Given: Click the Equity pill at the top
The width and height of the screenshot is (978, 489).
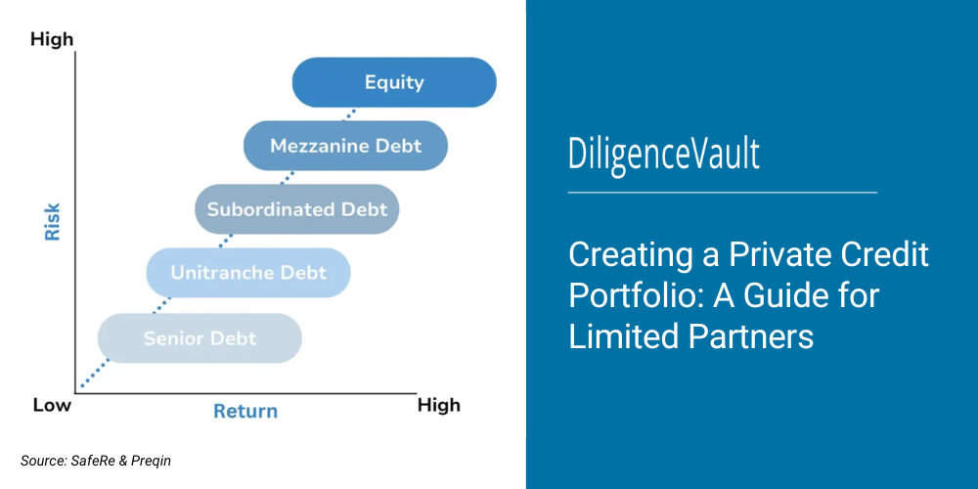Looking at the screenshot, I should [x=394, y=82].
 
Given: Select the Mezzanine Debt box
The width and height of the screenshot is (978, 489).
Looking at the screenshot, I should [x=345, y=146].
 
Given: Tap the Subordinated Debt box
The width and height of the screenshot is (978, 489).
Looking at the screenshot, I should [x=296, y=209].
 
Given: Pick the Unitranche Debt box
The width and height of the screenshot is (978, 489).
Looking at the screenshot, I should [x=247, y=273].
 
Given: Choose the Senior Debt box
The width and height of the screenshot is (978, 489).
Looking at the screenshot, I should [x=200, y=338].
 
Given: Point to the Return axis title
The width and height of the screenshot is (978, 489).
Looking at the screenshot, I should [x=245, y=411].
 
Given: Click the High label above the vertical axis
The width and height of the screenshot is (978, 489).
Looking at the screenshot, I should [x=52, y=40].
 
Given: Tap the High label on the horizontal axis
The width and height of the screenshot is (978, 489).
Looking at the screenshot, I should [x=438, y=404].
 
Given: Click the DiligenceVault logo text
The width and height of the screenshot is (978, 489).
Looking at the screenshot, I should [x=664, y=156].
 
